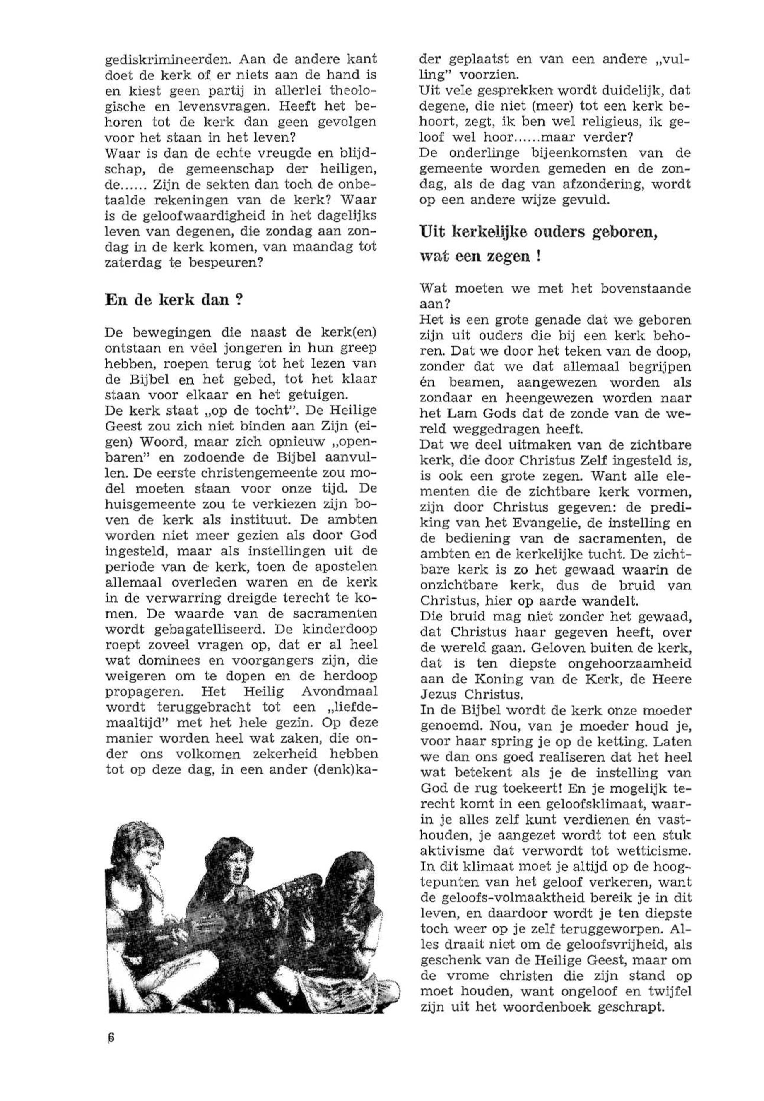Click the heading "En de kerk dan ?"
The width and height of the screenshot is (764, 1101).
click(x=172, y=300)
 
